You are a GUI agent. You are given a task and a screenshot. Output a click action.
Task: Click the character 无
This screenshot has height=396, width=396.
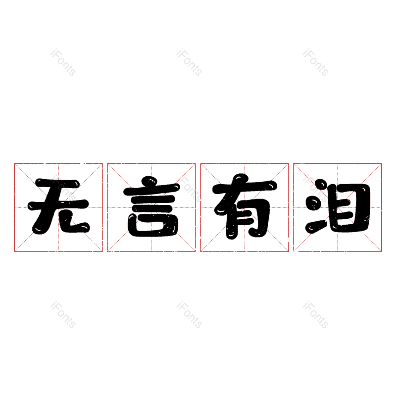click(58, 206)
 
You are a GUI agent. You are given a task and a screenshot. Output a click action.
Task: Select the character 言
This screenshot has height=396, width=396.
click(152, 206)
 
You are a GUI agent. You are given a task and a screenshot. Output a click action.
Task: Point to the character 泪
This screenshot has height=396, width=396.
click(338, 206)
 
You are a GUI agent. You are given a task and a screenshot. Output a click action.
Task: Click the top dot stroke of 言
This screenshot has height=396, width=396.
click(149, 181)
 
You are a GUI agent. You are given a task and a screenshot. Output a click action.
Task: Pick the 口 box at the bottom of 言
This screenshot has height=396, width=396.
click(153, 225)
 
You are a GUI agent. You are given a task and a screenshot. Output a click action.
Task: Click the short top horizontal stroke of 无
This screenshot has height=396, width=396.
click(57, 183)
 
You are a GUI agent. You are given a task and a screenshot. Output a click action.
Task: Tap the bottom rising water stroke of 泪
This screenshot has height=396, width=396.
click(316, 226)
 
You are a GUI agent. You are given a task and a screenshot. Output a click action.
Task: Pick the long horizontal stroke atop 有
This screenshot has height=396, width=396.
click(245, 187)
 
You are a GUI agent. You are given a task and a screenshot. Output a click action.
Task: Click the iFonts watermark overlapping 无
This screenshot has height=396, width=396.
click(63, 189)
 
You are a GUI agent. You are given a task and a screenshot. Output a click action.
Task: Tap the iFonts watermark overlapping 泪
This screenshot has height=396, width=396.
click(315, 189)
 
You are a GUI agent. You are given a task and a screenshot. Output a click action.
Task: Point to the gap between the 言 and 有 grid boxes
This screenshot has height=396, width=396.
click(198, 207)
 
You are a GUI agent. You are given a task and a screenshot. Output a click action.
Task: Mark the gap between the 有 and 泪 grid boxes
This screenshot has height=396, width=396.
click(291, 207)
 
